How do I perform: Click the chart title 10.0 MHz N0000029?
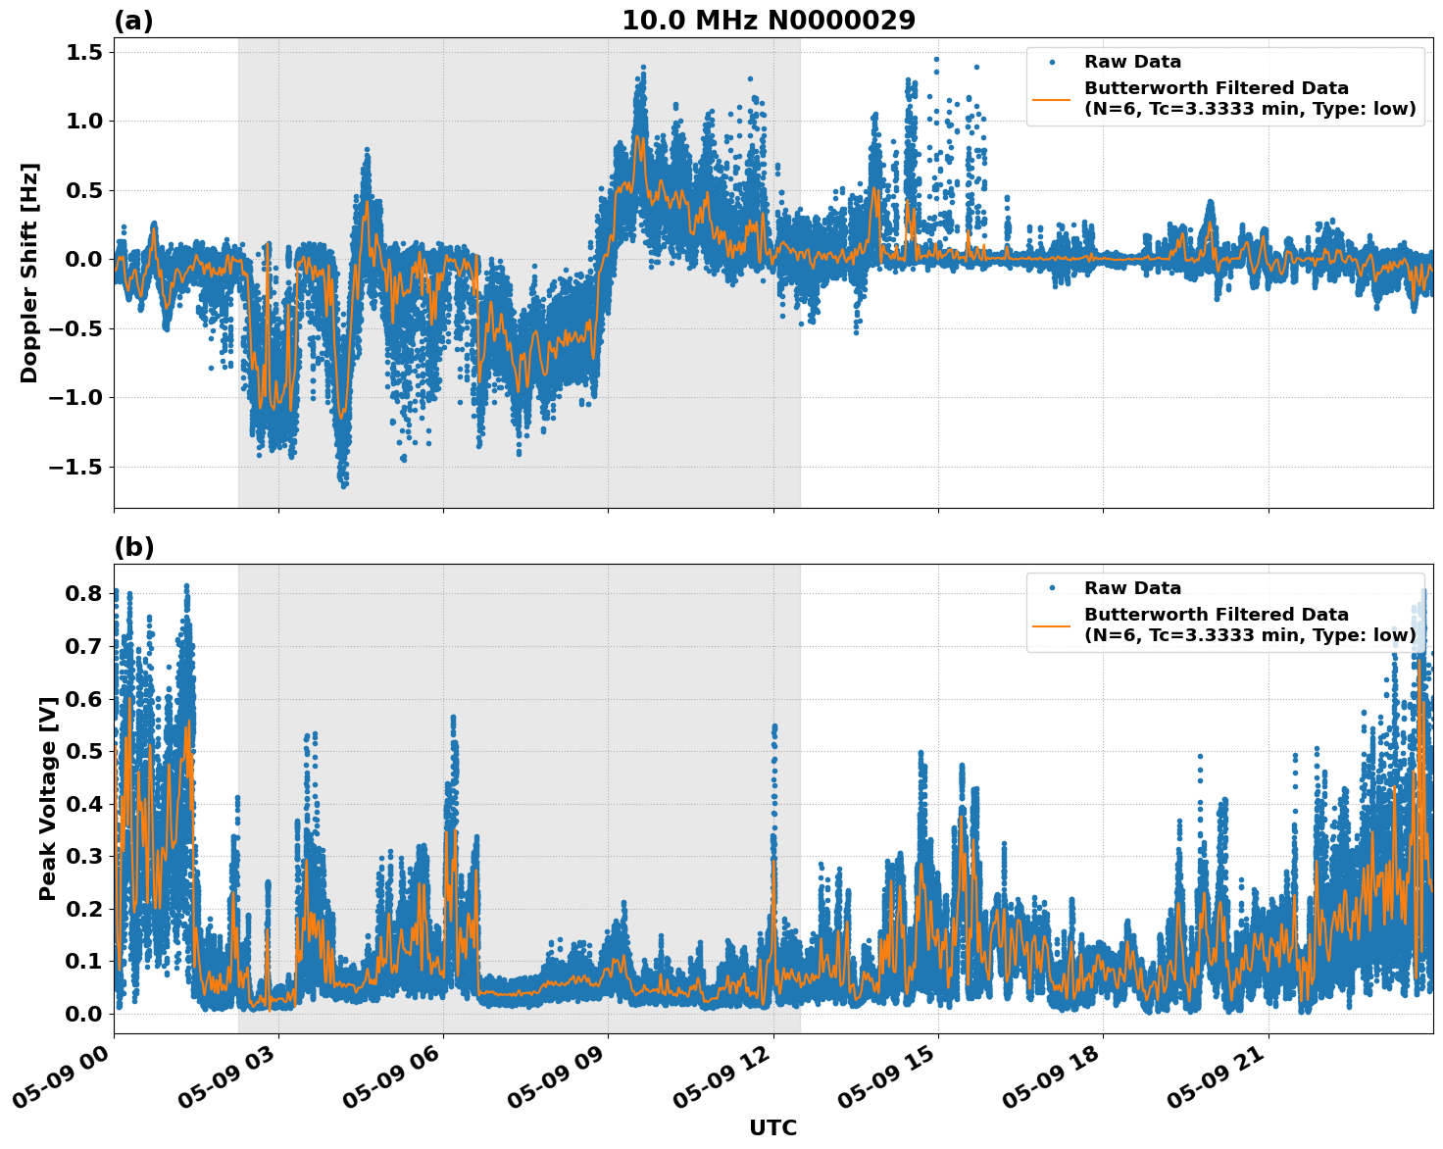pos(769,21)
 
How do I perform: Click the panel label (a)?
pos(133,21)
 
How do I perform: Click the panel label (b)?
pos(133,547)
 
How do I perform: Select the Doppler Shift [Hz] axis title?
pos(29,273)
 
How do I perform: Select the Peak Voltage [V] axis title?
pos(47,798)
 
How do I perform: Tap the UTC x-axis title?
pos(772,1127)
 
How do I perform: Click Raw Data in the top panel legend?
pos(1132,62)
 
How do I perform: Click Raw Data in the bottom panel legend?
pos(1132,588)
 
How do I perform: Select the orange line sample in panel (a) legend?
pos(1052,98)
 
